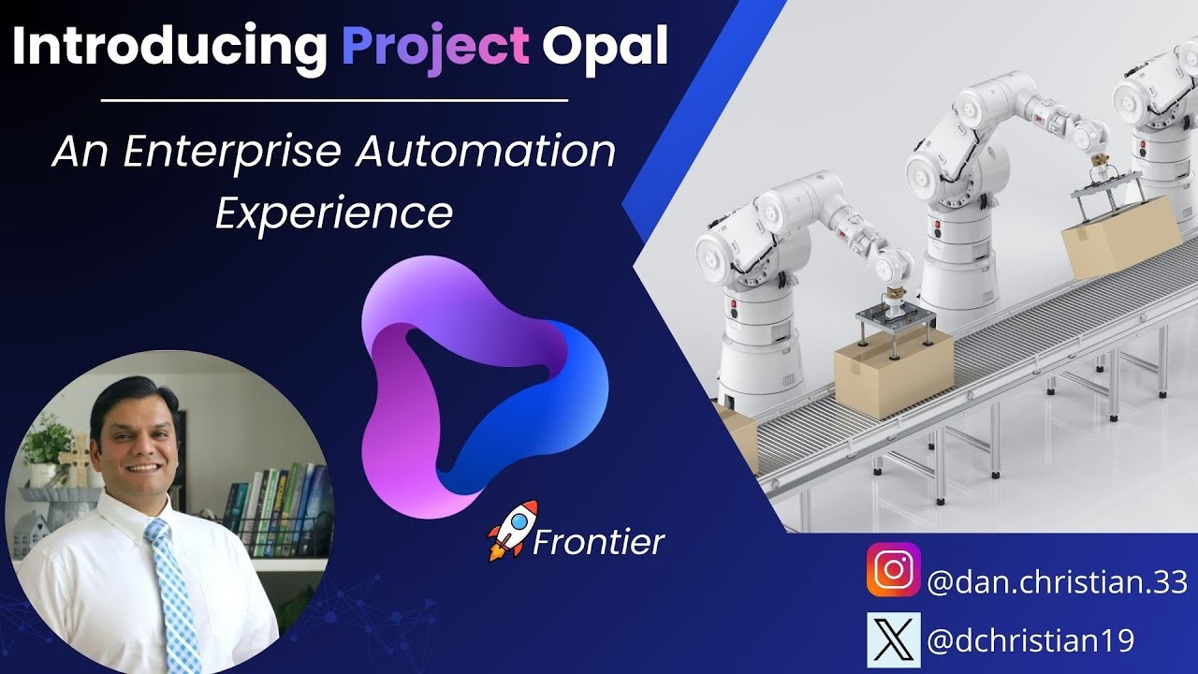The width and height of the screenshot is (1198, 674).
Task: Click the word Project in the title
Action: click(435, 47)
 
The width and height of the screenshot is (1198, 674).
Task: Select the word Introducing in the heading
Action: click(169, 47)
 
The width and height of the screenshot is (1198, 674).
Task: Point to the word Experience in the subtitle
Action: click(334, 213)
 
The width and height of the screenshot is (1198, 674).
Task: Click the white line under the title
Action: click(334, 99)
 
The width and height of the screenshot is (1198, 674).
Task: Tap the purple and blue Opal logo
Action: click(482, 384)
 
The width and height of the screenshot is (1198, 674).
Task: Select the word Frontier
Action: click(598, 542)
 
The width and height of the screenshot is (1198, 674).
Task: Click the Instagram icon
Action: click(892, 570)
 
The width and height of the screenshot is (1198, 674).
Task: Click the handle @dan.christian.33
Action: click(1056, 582)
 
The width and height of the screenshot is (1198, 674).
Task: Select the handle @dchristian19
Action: click(1030, 641)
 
